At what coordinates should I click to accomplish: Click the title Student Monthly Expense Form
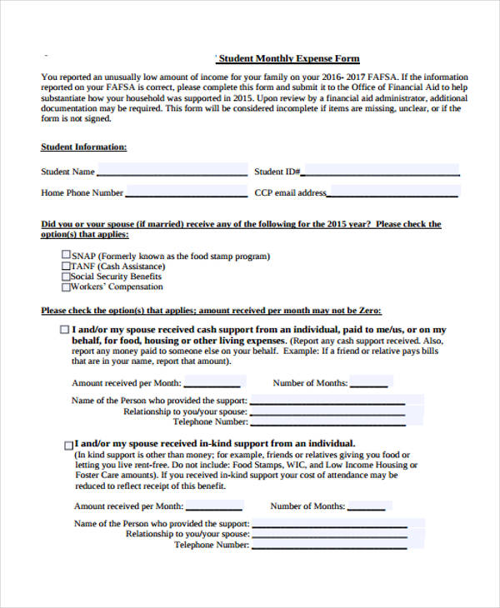(x=289, y=59)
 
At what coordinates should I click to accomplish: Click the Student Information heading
(x=84, y=147)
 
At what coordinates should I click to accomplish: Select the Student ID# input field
(x=380, y=172)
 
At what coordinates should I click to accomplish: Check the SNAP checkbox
(x=67, y=256)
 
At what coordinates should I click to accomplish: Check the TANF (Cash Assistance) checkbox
(x=67, y=267)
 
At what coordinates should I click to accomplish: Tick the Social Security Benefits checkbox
(x=67, y=277)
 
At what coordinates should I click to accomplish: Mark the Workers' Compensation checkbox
(x=67, y=287)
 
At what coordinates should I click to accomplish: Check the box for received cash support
(x=66, y=330)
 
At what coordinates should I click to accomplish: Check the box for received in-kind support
(x=68, y=445)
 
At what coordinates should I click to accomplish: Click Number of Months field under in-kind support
(x=366, y=506)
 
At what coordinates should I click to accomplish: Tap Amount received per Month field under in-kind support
(x=214, y=506)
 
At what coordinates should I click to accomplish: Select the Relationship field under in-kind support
(x=328, y=534)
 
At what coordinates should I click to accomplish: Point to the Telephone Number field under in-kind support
(x=328, y=546)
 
